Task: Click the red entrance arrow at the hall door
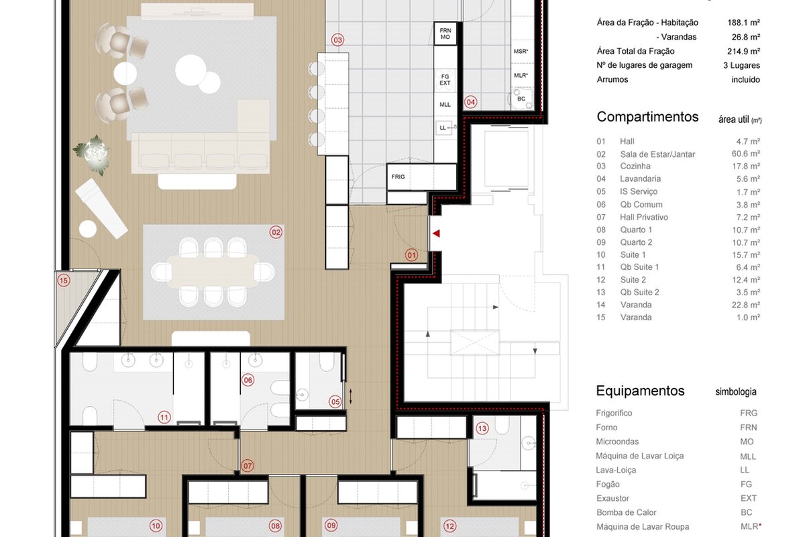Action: tap(436, 234)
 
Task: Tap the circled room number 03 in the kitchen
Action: tap(337, 40)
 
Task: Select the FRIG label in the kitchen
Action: tap(398, 177)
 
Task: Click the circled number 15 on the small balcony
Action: tap(64, 280)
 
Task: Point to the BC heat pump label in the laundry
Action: tap(521, 99)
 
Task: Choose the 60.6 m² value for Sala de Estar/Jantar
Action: tap(746, 154)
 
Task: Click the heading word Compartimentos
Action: tap(647, 117)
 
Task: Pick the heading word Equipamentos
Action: tap(640, 391)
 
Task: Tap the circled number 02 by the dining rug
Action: tap(276, 232)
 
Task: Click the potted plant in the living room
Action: tap(93, 154)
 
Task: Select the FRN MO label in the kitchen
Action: tap(445, 34)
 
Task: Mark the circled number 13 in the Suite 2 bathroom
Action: tap(482, 428)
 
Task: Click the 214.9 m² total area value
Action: tap(743, 51)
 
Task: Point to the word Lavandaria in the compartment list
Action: tap(641, 179)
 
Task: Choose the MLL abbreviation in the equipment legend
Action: tap(748, 456)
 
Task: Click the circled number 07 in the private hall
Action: tap(248, 466)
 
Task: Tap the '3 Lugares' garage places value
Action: tap(741, 66)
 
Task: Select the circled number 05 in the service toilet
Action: tap(335, 402)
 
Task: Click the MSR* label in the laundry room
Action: tap(521, 52)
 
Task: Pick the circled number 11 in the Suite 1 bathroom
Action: tap(164, 418)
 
